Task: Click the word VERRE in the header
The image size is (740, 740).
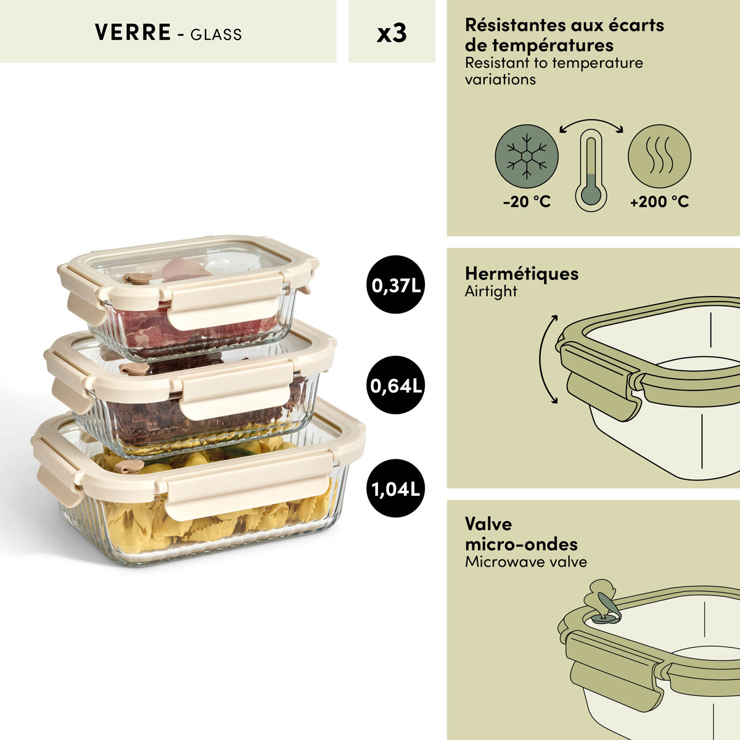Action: (x=133, y=32)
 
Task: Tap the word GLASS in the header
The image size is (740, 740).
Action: (x=216, y=35)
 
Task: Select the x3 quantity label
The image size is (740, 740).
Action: (x=392, y=33)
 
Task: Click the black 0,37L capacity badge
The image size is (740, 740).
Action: (x=395, y=284)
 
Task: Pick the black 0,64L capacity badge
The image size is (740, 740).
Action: (x=395, y=385)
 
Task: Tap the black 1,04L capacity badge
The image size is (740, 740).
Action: (x=395, y=488)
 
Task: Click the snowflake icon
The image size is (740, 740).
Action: (x=527, y=156)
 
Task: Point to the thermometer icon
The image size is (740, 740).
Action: (x=591, y=170)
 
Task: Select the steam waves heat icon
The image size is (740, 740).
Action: (x=659, y=156)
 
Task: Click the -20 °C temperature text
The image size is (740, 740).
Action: (x=527, y=202)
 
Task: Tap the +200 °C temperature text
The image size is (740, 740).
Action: (x=659, y=202)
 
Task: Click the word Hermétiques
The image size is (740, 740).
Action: (x=522, y=274)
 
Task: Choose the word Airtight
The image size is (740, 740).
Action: (x=491, y=292)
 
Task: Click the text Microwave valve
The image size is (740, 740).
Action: (x=526, y=562)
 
